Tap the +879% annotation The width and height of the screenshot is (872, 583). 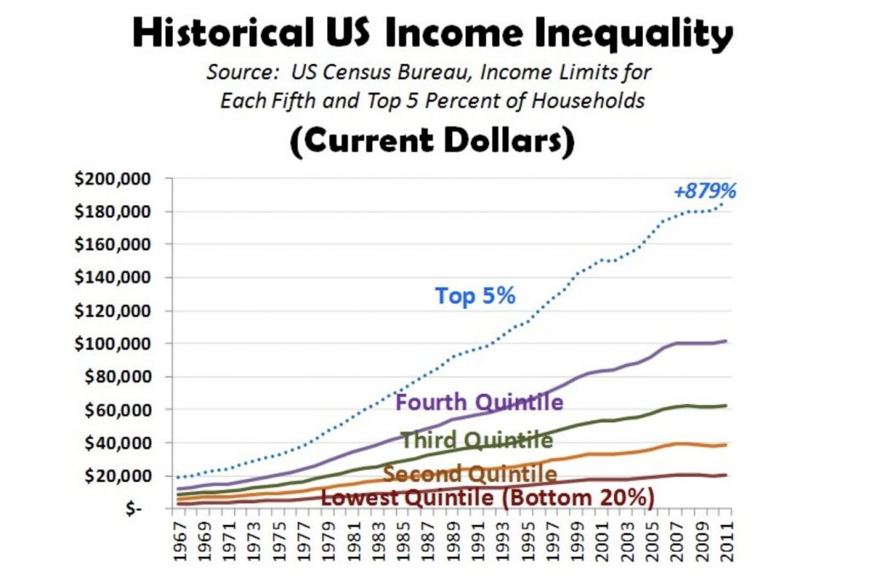point(704,191)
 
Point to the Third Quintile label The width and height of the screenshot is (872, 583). point(476,440)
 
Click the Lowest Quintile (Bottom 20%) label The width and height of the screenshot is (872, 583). point(487,498)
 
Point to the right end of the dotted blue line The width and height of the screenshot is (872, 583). point(726,203)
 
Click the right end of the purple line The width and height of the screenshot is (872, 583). point(726,340)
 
